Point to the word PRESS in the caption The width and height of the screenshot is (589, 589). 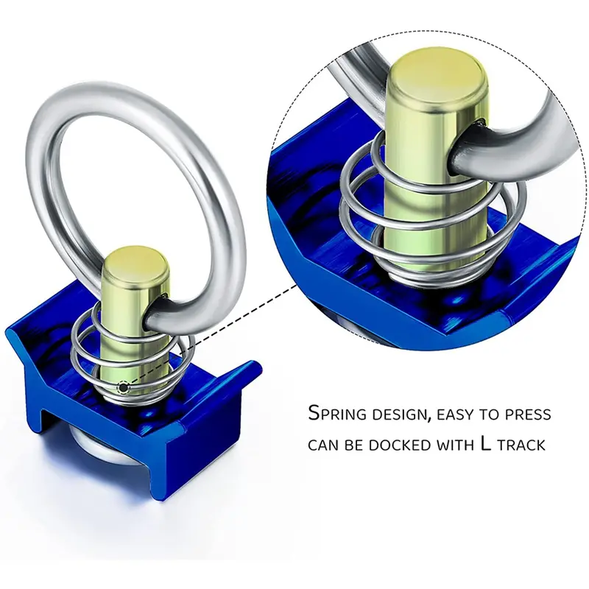coord(526,414)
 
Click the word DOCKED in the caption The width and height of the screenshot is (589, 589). coord(397,445)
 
